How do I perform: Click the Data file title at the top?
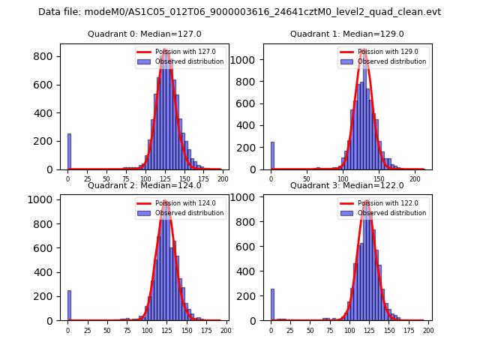(x=239, y=12)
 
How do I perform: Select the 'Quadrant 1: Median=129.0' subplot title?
(x=346, y=34)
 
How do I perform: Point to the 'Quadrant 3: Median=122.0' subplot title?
(x=346, y=185)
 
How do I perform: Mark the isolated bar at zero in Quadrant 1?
(x=272, y=156)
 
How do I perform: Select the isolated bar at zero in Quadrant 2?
(x=69, y=306)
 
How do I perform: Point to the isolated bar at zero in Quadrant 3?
(x=272, y=305)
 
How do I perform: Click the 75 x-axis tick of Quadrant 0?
(x=126, y=178)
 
